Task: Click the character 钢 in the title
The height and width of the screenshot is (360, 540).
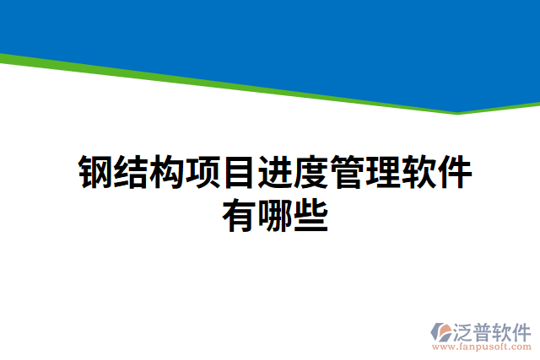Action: coord(97,172)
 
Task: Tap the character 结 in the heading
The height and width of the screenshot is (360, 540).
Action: coord(132,172)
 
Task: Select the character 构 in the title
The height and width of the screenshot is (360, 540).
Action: coord(168,172)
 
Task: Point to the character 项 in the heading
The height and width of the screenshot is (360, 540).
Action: coord(203,172)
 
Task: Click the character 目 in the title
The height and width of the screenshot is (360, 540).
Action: coord(239,172)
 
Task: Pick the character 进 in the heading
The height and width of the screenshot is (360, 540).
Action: coord(274,172)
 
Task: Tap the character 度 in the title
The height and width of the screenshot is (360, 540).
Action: coord(310,172)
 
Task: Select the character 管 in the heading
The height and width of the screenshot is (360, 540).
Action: coord(345,172)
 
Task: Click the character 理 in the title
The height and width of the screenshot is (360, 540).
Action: coord(381,172)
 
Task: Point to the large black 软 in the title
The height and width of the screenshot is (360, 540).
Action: coord(416,172)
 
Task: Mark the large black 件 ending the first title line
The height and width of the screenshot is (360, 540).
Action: coord(451,172)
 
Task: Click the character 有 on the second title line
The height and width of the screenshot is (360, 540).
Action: coord(239,215)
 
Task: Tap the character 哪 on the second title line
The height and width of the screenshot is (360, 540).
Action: coord(274,215)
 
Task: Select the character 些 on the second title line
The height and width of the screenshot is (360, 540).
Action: coord(310,215)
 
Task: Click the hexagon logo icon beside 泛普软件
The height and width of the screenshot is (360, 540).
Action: coord(443,331)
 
